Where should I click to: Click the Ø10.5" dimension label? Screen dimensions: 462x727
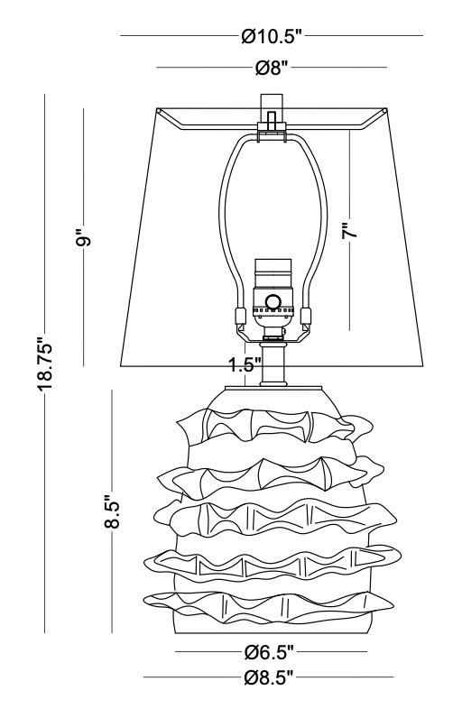[x=272, y=36]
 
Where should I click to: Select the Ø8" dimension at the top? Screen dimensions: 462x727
[x=272, y=69]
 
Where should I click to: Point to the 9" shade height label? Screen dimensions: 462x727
[x=85, y=240]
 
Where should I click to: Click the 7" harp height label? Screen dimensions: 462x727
[x=351, y=230]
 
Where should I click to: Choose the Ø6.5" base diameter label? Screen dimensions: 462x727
[x=270, y=652]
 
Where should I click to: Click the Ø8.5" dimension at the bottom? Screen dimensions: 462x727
[x=269, y=678]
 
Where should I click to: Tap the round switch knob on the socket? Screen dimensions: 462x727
[x=273, y=301]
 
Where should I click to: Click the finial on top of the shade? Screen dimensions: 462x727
[x=272, y=112]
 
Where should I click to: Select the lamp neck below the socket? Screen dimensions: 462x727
[x=273, y=364]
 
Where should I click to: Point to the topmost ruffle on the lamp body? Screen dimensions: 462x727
[x=274, y=426]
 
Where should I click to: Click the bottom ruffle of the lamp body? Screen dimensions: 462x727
[x=269, y=606]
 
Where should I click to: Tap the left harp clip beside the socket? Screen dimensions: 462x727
[x=240, y=316]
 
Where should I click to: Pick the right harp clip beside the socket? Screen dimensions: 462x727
[x=305, y=316]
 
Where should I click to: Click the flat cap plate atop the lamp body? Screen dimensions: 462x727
[x=273, y=388]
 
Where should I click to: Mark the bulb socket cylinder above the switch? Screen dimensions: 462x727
[x=273, y=273]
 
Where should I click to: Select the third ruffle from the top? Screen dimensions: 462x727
[x=275, y=518]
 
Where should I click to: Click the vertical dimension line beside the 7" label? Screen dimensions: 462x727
[x=350, y=229]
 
